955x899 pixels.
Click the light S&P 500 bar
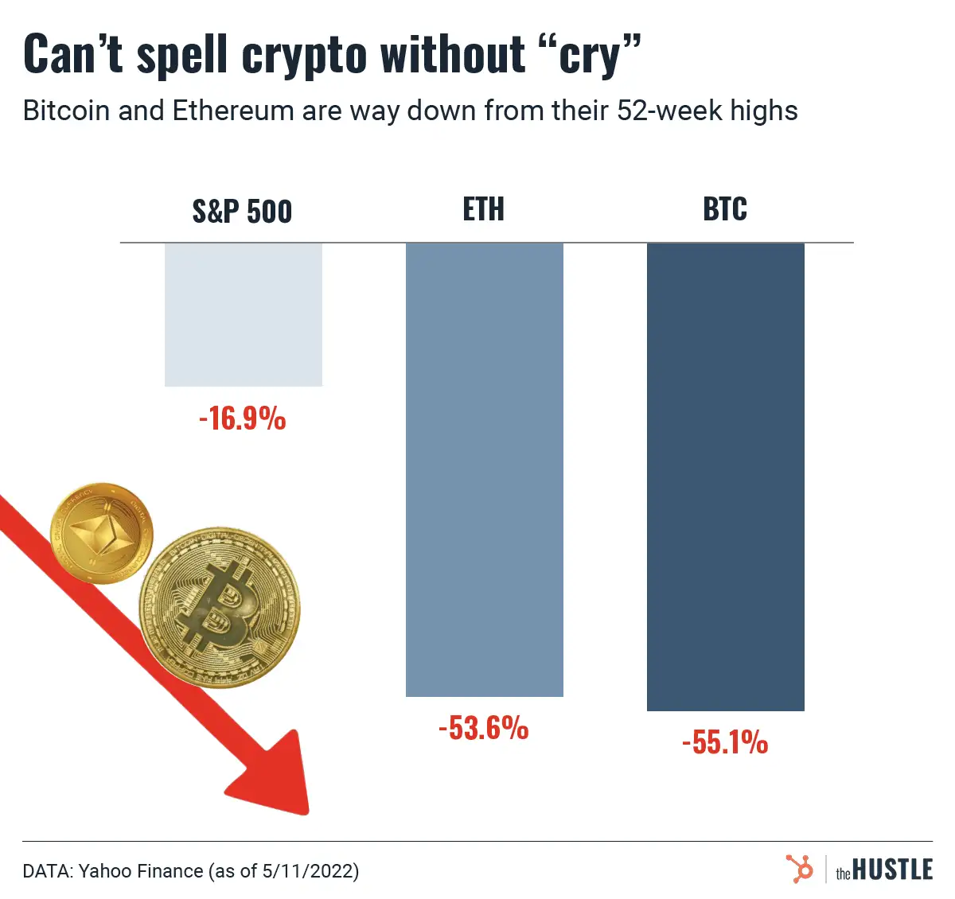pyautogui.click(x=243, y=314)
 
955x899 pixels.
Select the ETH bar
pyautogui.click(x=484, y=469)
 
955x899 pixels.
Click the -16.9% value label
pyautogui.click(x=242, y=418)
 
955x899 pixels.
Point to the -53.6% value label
pyautogui.click(x=483, y=728)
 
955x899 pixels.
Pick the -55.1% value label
pyautogui.click(x=725, y=742)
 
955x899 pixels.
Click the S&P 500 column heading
pyautogui.click(x=242, y=212)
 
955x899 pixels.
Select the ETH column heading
pyautogui.click(x=483, y=209)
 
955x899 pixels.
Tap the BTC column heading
pyautogui.click(x=725, y=209)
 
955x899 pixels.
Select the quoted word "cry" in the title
pyautogui.click(x=590, y=56)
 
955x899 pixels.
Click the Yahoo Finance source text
pyautogui.click(x=141, y=871)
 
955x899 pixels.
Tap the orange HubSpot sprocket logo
pyautogui.click(x=800, y=869)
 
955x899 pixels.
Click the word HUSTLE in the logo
pyautogui.click(x=892, y=870)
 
